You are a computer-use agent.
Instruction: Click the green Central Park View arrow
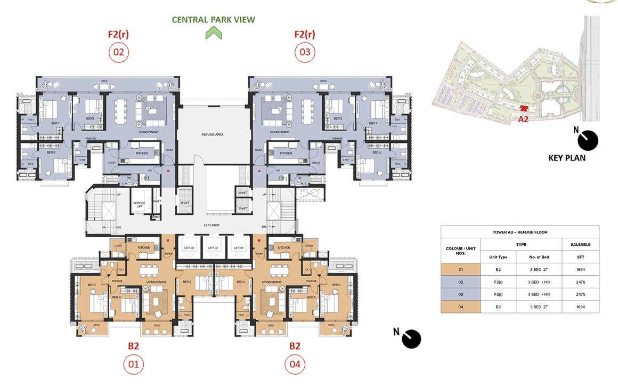coord(213,33)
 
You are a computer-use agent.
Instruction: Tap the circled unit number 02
coord(118,52)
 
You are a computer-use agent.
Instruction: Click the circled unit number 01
coord(133,365)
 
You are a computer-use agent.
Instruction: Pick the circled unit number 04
coord(295,365)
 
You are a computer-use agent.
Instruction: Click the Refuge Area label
coord(212,135)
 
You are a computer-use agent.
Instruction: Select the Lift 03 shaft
coord(189,248)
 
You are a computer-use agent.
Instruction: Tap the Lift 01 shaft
coord(238,248)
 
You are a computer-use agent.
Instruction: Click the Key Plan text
coord(567,158)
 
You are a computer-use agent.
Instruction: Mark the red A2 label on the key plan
coord(523,119)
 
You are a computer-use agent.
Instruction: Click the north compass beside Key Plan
coord(588,140)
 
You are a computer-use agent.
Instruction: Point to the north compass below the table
coord(411,338)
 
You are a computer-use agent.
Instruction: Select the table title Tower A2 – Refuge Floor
coord(519,232)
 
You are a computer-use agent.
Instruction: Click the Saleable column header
coord(580,245)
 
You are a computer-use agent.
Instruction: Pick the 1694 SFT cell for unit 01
coord(580,270)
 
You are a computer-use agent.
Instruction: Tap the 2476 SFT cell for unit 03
coord(580,294)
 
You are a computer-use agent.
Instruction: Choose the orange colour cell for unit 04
coord(460,307)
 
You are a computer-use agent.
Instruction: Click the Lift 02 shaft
coord(213,248)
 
